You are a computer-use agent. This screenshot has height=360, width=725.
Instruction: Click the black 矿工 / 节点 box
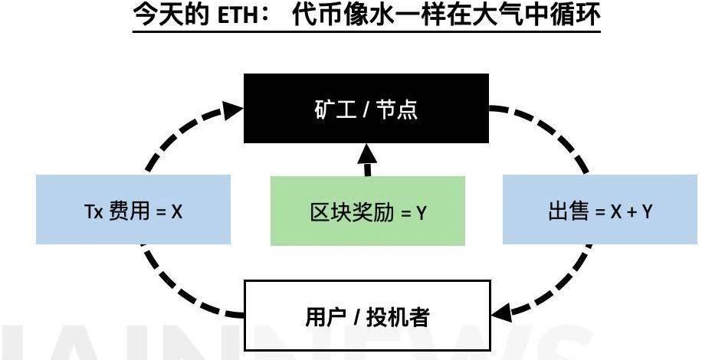pos(366,108)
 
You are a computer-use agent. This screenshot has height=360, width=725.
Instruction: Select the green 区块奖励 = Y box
pos(367,211)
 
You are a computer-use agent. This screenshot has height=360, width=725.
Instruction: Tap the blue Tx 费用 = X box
pos(133,209)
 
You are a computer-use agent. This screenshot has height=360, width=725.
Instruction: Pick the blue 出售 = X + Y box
pos(599,209)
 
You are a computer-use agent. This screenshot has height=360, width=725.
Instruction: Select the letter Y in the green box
pos(421,212)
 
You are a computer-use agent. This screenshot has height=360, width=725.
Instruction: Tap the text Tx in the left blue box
pos(93,211)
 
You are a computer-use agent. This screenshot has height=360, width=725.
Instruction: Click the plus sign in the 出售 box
pos(628,211)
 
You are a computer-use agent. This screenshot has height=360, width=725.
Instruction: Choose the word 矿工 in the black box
pos(333,109)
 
